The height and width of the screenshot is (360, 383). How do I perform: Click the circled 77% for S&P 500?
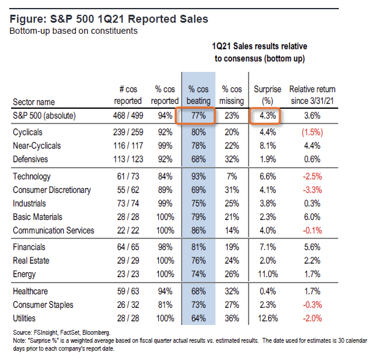click(x=199, y=115)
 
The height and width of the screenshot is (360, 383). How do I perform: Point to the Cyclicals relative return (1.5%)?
click(x=312, y=131)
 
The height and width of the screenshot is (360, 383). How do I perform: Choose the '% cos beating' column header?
click(x=198, y=95)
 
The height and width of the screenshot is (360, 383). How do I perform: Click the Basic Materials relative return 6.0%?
click(x=312, y=217)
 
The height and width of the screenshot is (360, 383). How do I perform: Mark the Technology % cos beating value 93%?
click(x=198, y=176)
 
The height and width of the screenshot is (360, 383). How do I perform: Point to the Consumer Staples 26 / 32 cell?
click(x=128, y=304)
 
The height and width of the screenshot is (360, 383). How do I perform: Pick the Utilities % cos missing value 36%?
click(x=233, y=318)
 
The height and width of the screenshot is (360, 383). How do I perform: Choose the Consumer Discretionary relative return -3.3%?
click(x=312, y=190)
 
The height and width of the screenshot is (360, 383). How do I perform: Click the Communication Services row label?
click(x=53, y=230)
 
